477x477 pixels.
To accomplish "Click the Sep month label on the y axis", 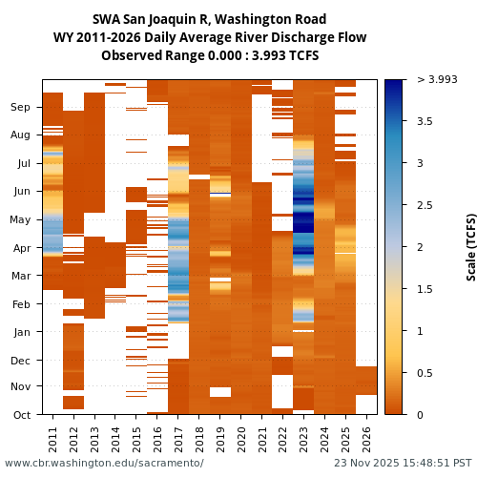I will tap(20, 108).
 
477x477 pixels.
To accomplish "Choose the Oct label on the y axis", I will tap(21, 414).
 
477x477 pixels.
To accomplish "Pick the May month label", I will tap(20, 219).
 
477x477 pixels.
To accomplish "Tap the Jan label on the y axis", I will tap(21, 332).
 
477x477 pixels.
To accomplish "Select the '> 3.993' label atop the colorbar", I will tap(437, 79).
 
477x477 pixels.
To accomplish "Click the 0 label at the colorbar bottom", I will tap(420, 414).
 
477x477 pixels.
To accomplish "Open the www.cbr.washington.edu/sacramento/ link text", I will tap(104, 463).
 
